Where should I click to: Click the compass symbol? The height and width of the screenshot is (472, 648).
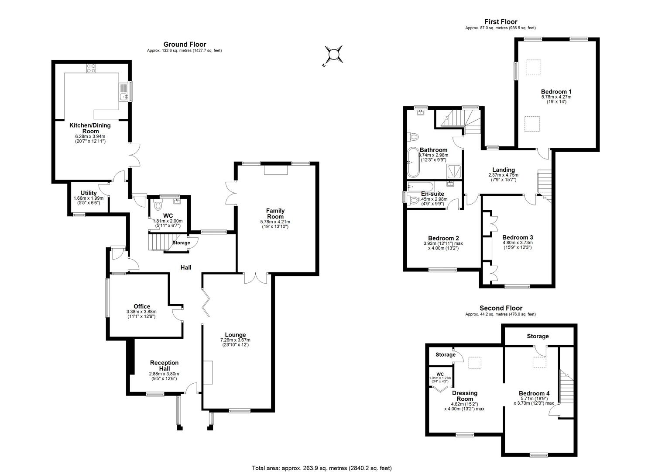point(333,55)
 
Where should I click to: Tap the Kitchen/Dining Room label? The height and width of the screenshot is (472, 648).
point(90,128)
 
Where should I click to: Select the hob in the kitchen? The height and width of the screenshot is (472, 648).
point(91,68)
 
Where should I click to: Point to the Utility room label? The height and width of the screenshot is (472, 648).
point(89,193)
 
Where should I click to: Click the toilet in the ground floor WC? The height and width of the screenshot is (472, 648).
point(158,205)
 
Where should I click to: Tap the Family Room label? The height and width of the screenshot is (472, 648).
point(275,214)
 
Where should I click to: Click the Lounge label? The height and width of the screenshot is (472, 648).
point(236,335)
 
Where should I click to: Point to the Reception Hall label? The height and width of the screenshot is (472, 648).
point(164,365)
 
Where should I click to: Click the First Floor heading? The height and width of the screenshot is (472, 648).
point(501,22)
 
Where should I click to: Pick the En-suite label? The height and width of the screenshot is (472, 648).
point(432,194)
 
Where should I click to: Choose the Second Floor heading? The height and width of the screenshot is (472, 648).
point(501,308)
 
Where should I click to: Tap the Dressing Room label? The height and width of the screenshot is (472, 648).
point(464,396)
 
